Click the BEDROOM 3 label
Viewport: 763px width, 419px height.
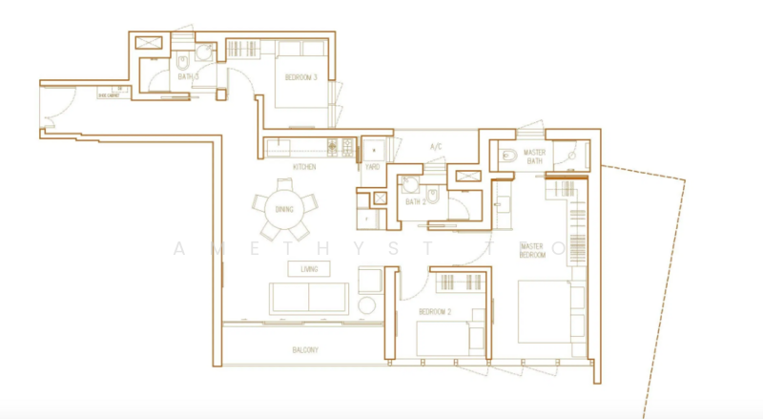(x=301, y=78)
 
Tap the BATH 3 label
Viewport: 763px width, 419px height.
(x=187, y=76)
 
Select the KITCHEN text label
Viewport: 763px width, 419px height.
(x=304, y=167)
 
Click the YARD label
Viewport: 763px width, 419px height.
(x=372, y=167)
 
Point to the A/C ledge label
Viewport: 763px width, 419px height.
(x=436, y=147)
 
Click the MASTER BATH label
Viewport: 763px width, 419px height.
(x=535, y=156)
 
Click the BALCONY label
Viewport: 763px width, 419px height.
(x=305, y=350)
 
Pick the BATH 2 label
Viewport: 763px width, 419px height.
(x=414, y=201)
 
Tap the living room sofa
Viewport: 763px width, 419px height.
(x=307, y=298)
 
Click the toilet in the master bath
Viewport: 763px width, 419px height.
(x=507, y=156)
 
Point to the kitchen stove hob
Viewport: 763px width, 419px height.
(x=337, y=147)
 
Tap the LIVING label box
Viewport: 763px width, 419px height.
(x=308, y=269)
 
